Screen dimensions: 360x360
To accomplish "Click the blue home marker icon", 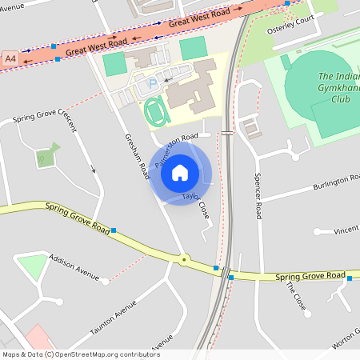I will click(x=180, y=172).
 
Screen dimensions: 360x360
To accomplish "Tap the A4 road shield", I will click(x=10, y=59).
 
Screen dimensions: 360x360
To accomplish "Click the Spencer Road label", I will click(x=258, y=196).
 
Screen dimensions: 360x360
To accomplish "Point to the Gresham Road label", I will click(x=137, y=155).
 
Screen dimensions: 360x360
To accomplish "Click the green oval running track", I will click(x=158, y=111).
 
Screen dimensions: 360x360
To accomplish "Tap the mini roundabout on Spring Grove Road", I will click(x=185, y=259).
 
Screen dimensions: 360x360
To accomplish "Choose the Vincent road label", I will click(x=346, y=230).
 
